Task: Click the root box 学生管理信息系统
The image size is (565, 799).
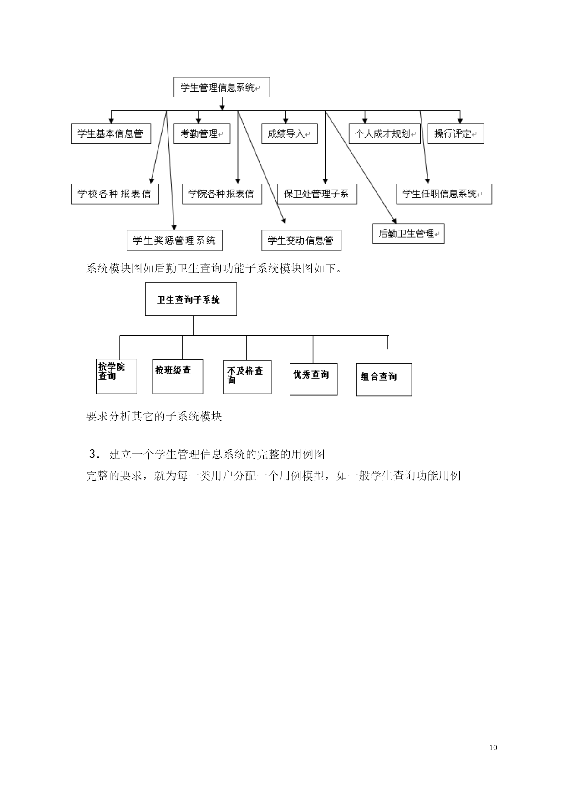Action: click(222, 87)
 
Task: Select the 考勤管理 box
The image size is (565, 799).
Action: click(202, 134)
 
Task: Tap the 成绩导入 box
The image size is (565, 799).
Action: click(290, 134)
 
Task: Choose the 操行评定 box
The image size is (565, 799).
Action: click(456, 134)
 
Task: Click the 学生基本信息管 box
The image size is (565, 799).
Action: click(111, 134)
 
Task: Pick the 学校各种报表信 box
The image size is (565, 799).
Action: click(115, 194)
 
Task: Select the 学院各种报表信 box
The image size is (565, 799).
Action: click(222, 194)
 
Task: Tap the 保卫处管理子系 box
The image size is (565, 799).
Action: click(317, 194)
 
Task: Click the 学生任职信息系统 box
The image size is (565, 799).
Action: click(444, 194)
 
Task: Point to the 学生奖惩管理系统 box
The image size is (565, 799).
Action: click(175, 241)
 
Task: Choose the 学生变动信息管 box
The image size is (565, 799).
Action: click(301, 241)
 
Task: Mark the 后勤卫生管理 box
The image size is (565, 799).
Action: click(408, 234)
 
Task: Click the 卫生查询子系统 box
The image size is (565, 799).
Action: click(191, 299)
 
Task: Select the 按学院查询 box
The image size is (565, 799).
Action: click(117, 376)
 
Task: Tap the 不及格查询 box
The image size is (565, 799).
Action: click(247, 377)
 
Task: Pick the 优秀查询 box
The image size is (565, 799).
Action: click(314, 379)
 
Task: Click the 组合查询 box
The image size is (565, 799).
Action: click(384, 379)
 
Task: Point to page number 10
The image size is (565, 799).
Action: click(494, 748)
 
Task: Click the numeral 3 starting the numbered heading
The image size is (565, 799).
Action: click(93, 454)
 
